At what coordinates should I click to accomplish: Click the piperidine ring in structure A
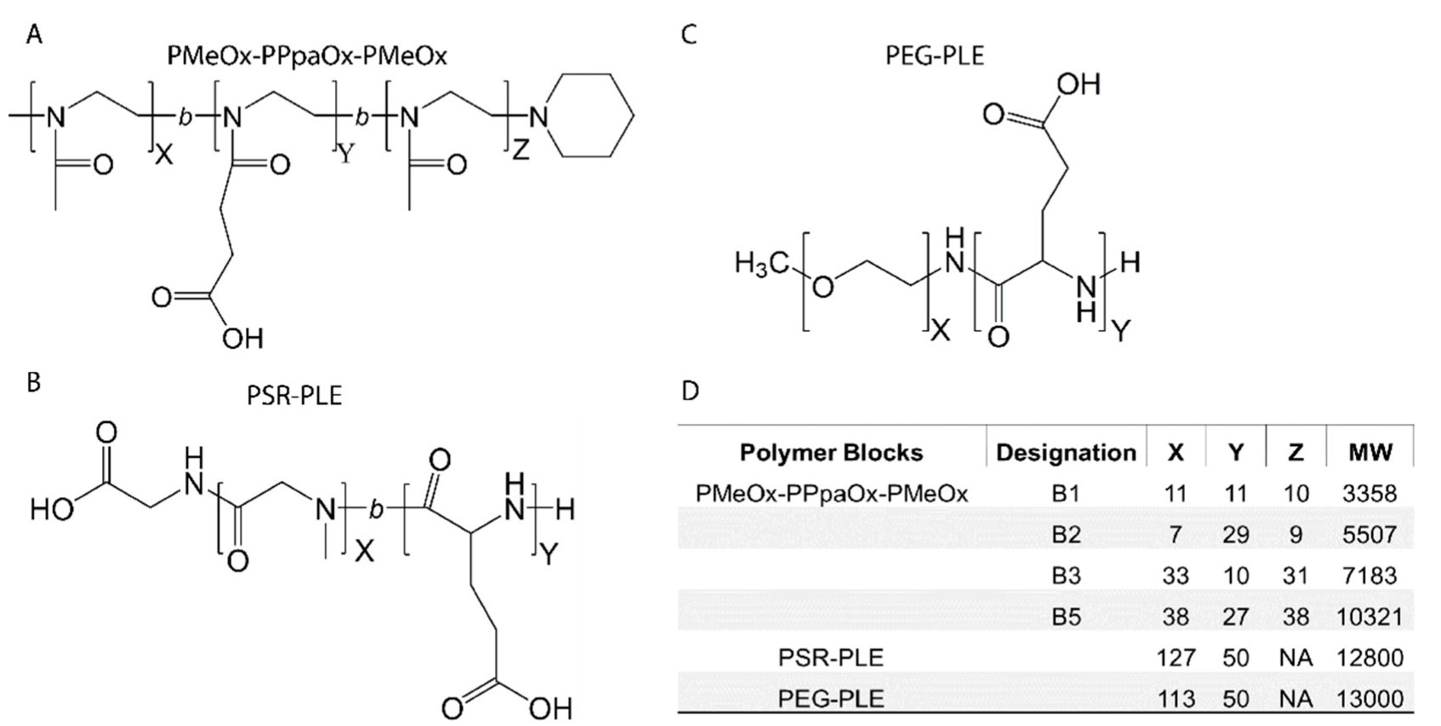pyautogui.click(x=593, y=115)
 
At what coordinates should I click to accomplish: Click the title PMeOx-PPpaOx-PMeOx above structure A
pyautogui.click(x=307, y=56)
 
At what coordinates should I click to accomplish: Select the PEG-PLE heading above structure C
pyautogui.click(x=934, y=56)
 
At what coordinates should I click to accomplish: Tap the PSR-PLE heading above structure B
pyautogui.click(x=294, y=396)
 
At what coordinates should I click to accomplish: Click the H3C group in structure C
pyautogui.click(x=761, y=266)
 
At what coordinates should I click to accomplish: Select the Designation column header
pyautogui.click(x=1066, y=452)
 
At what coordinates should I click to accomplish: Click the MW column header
pyautogui.click(x=1370, y=452)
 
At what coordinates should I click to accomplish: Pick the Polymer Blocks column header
pyautogui.click(x=831, y=452)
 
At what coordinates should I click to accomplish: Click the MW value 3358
pyautogui.click(x=1370, y=494)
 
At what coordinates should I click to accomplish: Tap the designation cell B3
pyautogui.click(x=1066, y=575)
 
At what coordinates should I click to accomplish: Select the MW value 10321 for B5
pyautogui.click(x=1370, y=616)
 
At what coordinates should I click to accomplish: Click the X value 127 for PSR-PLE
pyautogui.click(x=1176, y=657)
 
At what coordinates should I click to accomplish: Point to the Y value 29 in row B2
pyautogui.click(x=1235, y=534)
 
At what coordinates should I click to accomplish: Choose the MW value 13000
pyautogui.click(x=1370, y=699)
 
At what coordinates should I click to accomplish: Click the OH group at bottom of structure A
pyautogui.click(x=242, y=339)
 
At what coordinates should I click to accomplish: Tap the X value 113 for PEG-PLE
pyautogui.click(x=1176, y=699)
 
